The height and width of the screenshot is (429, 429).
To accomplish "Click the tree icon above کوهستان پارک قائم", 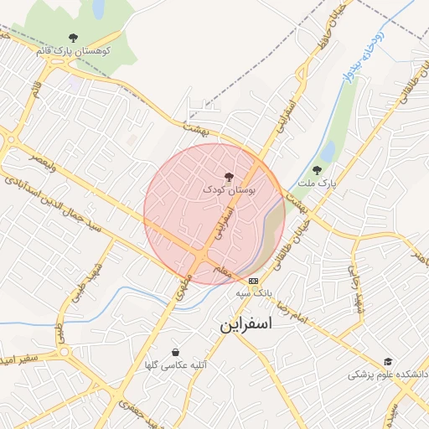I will click(x=74, y=38).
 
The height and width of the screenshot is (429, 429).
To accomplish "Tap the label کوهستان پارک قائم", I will click(x=75, y=50).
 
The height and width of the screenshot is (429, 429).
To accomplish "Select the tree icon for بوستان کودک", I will click(x=229, y=177).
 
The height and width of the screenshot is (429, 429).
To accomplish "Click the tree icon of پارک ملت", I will click(x=316, y=170).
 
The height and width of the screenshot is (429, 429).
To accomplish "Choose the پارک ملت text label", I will click(x=318, y=182).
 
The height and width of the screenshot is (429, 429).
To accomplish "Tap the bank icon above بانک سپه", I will click(x=254, y=281).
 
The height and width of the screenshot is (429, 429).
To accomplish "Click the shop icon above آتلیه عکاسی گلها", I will click(x=175, y=352).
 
